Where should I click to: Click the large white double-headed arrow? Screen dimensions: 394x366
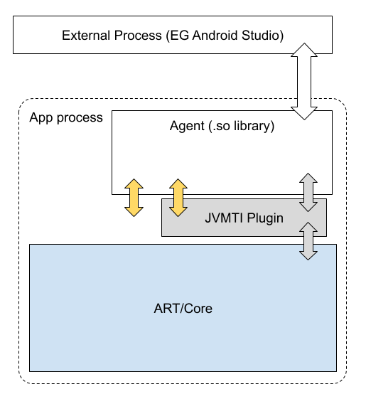pyautogui.click(x=303, y=82)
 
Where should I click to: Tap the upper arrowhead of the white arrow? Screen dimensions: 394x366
pyautogui.click(x=303, y=53)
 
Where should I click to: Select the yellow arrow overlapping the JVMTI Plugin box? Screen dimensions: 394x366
pyautogui.click(x=178, y=198)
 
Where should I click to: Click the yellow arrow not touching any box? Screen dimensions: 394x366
pyautogui.click(x=134, y=198)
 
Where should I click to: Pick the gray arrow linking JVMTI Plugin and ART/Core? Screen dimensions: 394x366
pyautogui.click(x=308, y=240)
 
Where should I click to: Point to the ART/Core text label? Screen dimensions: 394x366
pyautogui.click(x=183, y=309)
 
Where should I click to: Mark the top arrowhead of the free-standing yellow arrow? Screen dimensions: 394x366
pyautogui.click(x=134, y=185)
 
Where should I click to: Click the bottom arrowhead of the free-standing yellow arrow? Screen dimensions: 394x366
pyautogui.click(x=134, y=211)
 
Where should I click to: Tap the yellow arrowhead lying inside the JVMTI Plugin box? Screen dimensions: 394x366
pyautogui.click(x=178, y=211)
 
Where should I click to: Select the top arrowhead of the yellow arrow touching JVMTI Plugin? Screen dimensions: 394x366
pyautogui.click(x=178, y=185)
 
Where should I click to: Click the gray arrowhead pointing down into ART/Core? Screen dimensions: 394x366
pyautogui.click(x=308, y=254)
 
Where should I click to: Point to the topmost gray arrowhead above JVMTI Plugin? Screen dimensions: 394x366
pyautogui.click(x=308, y=179)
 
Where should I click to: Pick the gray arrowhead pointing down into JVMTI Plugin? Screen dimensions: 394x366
pyautogui.click(x=308, y=206)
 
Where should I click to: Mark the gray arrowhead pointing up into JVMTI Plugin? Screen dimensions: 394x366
pyautogui.click(x=308, y=228)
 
